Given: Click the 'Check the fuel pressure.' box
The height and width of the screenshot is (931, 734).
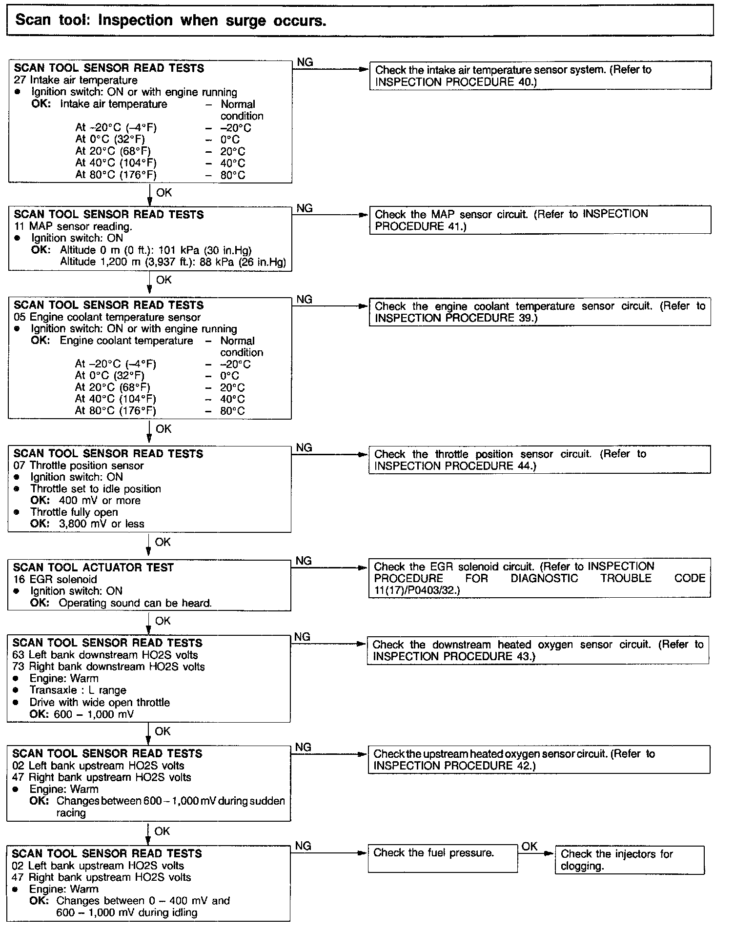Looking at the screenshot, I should click(x=442, y=858).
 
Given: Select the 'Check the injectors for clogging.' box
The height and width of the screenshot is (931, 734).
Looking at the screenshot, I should click(x=629, y=860).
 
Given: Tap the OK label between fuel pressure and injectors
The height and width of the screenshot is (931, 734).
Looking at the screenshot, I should click(x=529, y=847).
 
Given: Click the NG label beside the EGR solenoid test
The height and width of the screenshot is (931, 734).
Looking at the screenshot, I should click(x=304, y=561).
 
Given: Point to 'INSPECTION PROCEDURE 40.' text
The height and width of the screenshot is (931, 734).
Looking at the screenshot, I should click(x=455, y=82).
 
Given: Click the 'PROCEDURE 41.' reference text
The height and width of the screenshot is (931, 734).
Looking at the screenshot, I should click(x=420, y=226).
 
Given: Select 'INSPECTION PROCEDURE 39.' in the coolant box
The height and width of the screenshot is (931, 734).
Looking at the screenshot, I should click(x=455, y=318).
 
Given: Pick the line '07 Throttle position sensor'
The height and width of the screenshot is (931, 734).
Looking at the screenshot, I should click(x=79, y=465).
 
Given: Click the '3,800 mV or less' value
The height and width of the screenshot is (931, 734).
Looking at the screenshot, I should click(x=102, y=524).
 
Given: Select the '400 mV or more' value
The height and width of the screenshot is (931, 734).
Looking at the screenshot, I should click(x=100, y=501).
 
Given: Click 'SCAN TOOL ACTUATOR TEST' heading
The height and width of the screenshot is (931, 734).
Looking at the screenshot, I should click(x=93, y=567).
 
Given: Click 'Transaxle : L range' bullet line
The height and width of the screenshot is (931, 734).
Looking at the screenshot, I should click(x=78, y=690).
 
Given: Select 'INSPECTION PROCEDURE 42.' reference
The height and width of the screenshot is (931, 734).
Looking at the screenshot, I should click(x=454, y=766).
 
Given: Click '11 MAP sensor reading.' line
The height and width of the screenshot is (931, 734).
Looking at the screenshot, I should click(x=73, y=226).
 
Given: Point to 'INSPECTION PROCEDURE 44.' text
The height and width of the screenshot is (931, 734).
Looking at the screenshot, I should click(x=455, y=466).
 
